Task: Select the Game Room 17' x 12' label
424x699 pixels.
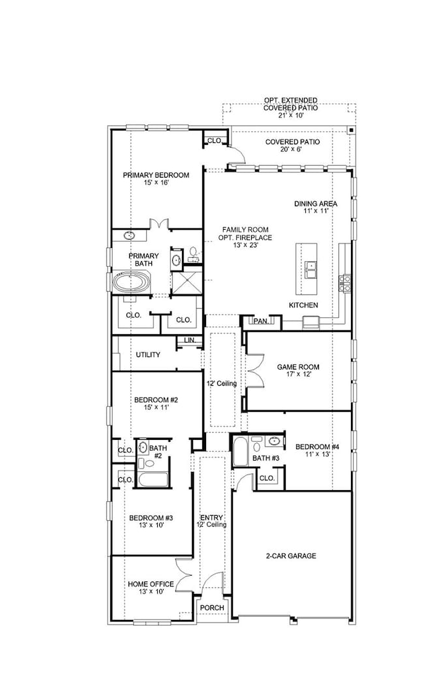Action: pos(296,371)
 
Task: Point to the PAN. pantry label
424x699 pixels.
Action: pos(261,321)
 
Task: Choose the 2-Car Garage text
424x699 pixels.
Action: pos(291,556)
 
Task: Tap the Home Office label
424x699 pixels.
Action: pos(151,587)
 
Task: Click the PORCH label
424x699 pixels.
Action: pos(213,608)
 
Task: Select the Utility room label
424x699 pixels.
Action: pos(148,354)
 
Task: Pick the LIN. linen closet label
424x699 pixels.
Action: pos(189,340)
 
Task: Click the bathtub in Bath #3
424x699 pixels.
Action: pos(239,452)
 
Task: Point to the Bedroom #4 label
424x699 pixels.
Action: pos(314,451)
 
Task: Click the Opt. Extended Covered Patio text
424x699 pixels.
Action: pos(291,108)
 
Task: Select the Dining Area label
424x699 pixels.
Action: pos(315,208)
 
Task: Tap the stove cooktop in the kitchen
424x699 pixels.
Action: pos(344,283)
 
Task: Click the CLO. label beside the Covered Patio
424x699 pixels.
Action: pos(215,140)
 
